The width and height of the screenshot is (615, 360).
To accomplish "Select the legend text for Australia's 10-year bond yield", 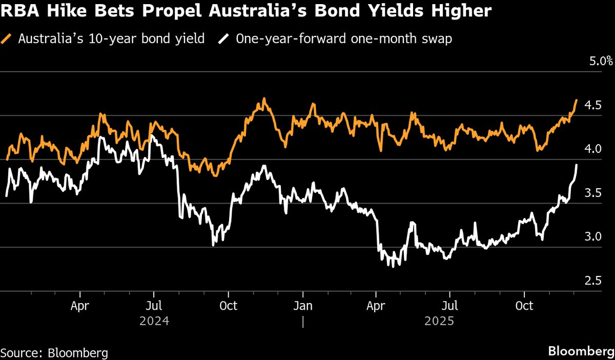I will coord(111,39).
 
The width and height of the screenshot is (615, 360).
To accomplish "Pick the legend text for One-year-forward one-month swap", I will coord(344,39).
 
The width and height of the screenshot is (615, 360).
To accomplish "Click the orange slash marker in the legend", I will coord(7,39).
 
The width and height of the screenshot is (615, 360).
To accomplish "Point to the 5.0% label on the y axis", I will coord(600,61).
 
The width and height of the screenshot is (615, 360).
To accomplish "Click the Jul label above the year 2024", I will coord(154,306).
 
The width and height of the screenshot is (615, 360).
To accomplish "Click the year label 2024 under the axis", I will coord(154,321).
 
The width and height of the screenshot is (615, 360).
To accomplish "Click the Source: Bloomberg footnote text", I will coord(54,353).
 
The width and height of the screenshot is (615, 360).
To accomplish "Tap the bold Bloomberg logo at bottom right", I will coord(580,352).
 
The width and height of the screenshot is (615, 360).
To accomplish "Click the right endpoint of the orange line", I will coord(577,101).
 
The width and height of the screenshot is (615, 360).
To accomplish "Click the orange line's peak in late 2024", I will coord(264,98).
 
